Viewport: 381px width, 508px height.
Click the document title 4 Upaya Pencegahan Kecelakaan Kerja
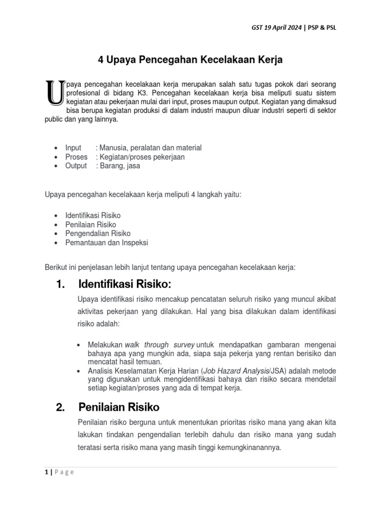[x=190, y=61]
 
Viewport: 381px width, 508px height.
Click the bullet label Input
[x=74, y=148]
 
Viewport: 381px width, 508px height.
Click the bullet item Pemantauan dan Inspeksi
[x=107, y=243]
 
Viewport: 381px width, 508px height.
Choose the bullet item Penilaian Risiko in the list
[x=91, y=224]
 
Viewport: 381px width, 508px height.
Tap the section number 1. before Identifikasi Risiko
[x=61, y=284]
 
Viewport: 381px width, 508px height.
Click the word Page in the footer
[x=63, y=472]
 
